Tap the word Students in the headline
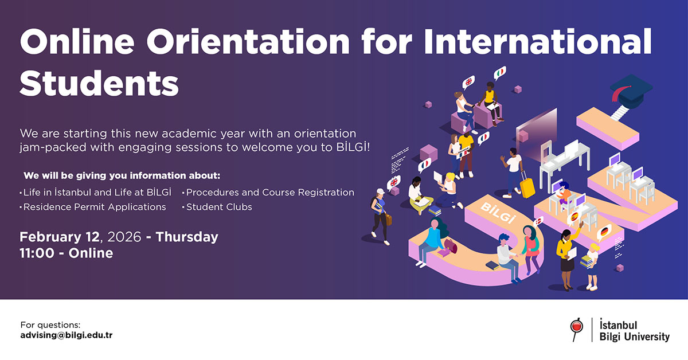tap(99, 84)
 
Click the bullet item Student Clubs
tap(219, 207)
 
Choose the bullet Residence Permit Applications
tap(95, 207)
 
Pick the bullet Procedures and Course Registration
tap(270, 193)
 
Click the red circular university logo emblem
tap(576, 327)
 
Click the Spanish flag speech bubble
tap(573, 217)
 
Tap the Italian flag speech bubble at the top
tap(500, 72)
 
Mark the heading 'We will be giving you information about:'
tap(122, 175)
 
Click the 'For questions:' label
tap(50, 324)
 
